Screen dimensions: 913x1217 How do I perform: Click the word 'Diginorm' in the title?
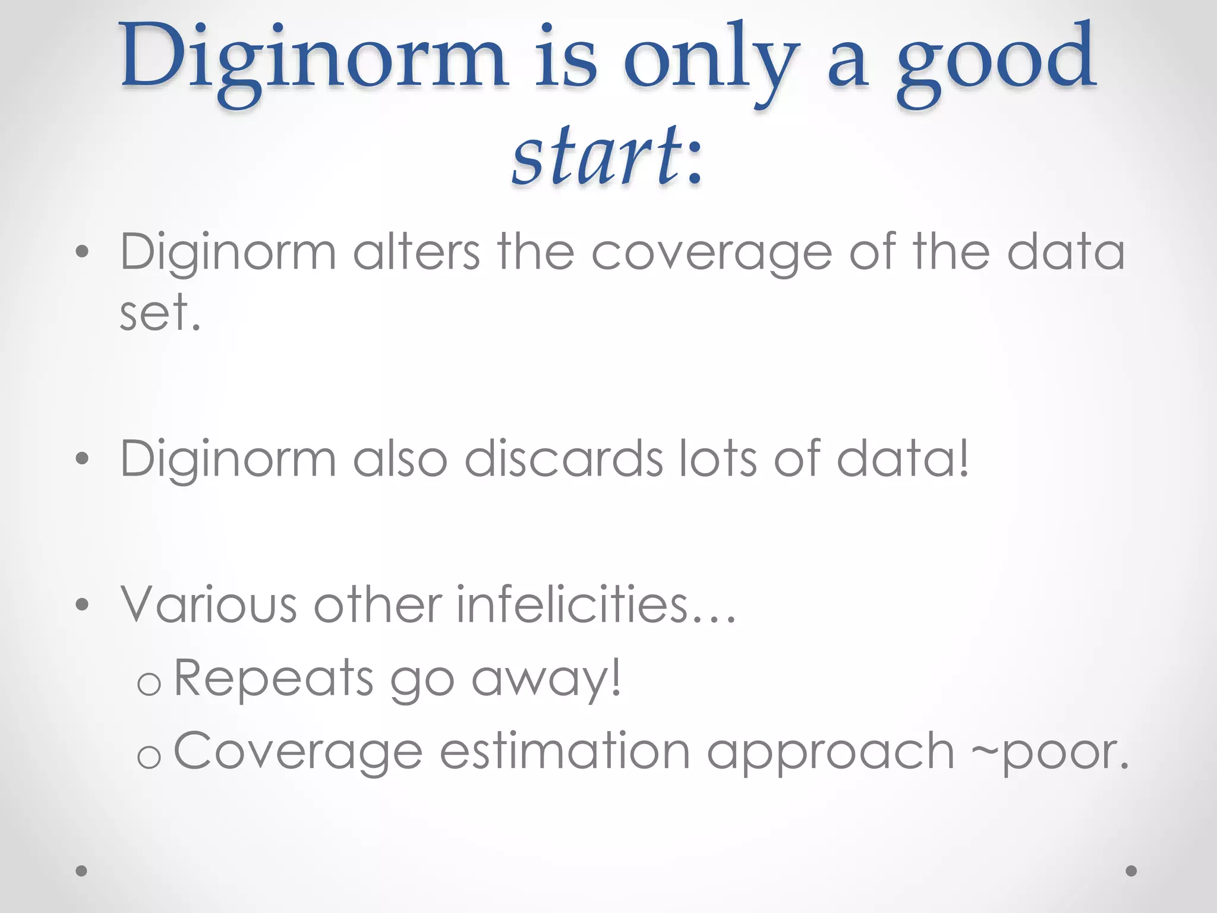tap(313, 59)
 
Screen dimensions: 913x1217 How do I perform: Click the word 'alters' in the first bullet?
tap(416, 253)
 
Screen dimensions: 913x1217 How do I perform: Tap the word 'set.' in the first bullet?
tap(160, 313)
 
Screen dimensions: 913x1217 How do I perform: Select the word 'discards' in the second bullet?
tap(563, 459)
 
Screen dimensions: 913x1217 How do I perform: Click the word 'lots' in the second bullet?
tap(718, 459)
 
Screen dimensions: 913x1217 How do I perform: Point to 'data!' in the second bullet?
tap(903, 459)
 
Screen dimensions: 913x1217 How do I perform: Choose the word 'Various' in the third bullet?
tap(209, 605)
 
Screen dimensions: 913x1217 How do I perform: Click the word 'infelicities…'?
tap(596, 605)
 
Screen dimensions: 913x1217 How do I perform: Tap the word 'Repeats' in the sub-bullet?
tap(273, 678)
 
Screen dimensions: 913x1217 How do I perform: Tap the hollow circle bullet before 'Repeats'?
tap(149, 684)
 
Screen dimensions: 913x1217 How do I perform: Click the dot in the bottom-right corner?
tap(1131, 871)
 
